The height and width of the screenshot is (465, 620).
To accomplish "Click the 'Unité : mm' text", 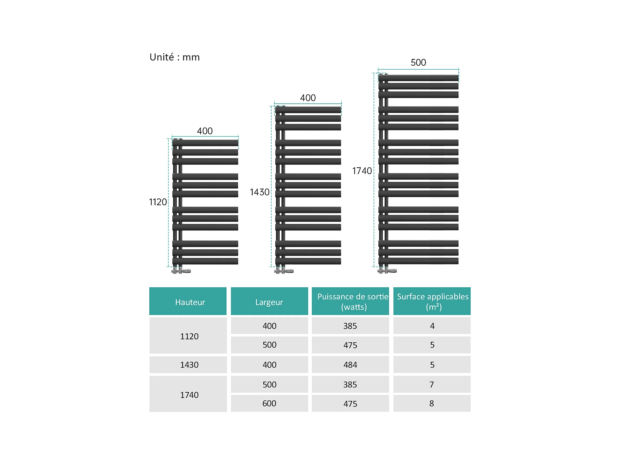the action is (174, 57).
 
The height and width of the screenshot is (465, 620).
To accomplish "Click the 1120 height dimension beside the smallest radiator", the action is (158, 202).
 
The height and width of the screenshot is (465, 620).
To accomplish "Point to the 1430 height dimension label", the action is (259, 192).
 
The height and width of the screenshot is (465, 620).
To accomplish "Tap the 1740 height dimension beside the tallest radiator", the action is (362, 171).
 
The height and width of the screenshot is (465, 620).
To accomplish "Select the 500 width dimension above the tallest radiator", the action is (418, 62).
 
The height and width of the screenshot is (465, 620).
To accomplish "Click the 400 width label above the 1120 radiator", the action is (205, 131).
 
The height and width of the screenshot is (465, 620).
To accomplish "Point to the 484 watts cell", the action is (350, 365).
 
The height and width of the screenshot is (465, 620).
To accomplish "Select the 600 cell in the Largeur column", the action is (269, 404).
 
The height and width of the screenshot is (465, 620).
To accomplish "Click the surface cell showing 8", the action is (432, 404).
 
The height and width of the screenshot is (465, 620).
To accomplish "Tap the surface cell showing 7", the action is (432, 385).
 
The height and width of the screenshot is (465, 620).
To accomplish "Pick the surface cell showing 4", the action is (432, 326).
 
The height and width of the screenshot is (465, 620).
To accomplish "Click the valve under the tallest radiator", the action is (387, 270).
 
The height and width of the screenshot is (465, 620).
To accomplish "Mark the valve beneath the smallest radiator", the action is (181, 271).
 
